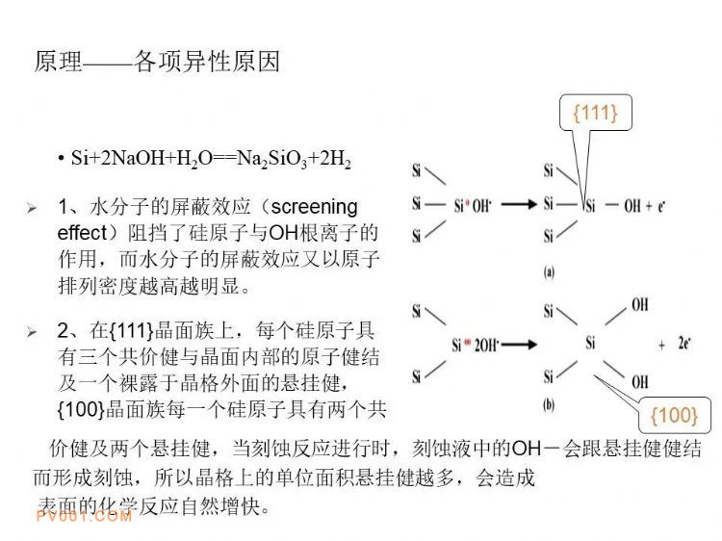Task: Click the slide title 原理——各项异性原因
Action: pos(157,62)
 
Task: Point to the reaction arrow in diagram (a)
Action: pos(519,204)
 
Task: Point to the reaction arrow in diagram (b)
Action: pos(519,344)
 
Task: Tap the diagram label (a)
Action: pos(549,272)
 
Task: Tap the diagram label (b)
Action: pos(549,405)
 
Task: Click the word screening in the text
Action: pos(315,207)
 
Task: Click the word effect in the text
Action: pos(82,233)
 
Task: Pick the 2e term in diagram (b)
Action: pos(684,343)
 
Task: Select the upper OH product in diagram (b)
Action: pos(640,304)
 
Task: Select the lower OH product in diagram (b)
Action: pos(640,382)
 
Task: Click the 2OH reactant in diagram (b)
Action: pos(486,345)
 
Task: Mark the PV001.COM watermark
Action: pos(84,516)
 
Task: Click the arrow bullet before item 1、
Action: pos(32,208)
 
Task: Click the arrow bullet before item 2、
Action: pos(32,331)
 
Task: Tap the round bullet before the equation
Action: pos(61,159)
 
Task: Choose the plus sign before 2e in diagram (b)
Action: pos(661,345)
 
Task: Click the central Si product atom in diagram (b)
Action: pos(591,343)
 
